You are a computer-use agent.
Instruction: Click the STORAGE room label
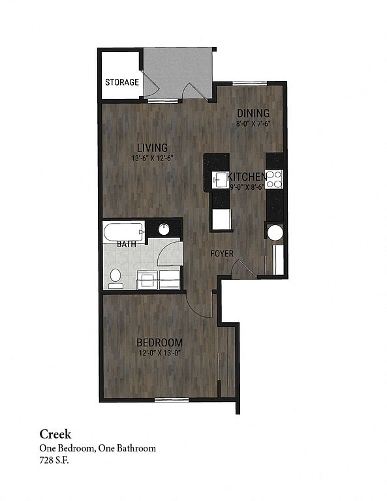coord(122,82)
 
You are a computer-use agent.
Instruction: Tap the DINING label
coord(253,113)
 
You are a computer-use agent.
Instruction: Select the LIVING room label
coord(153,147)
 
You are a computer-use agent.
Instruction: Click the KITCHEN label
coord(247,176)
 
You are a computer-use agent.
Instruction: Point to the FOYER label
coord(222,254)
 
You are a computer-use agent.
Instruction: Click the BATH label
coord(127,245)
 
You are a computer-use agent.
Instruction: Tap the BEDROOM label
coord(159,342)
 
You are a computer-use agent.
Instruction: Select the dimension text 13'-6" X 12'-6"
coord(153,158)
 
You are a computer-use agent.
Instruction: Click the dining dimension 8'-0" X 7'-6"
coord(253,123)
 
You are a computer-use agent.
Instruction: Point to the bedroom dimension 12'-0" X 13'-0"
coord(160,353)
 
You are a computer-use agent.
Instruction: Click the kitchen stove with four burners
coord(275,179)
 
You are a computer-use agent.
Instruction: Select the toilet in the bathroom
coord(116,278)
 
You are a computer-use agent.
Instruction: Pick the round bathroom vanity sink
coord(164,229)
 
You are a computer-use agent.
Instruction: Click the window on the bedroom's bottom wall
coord(172,399)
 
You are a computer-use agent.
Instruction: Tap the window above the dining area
coord(249,83)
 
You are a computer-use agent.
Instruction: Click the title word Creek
coord(55,434)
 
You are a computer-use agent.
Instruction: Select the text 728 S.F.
coord(54,461)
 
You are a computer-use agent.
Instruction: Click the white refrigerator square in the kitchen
coord(222,219)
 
